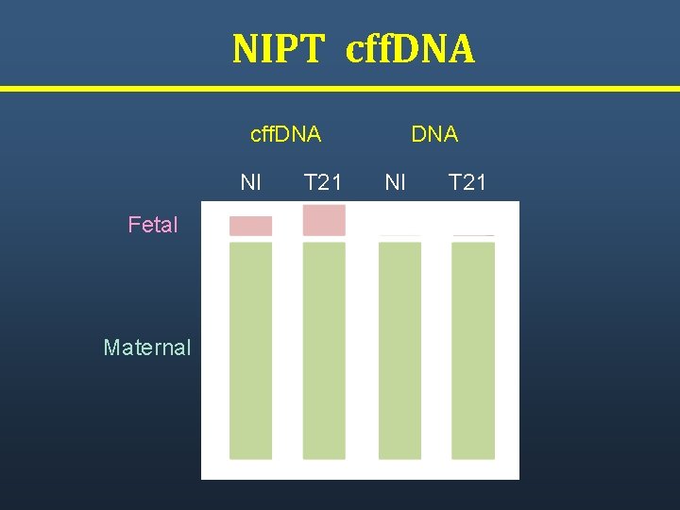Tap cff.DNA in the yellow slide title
pos(411,49)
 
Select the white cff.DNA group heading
pos(285,134)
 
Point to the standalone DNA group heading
pos(434,134)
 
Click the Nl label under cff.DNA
pos(251,182)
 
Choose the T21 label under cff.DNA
pos(323,182)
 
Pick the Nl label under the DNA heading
pos(396,182)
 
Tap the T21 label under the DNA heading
pos(467,182)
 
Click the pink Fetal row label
pos(153,225)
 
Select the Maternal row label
pos(147,348)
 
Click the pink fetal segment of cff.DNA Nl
pos(250,226)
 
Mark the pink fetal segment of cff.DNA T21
pos(324,220)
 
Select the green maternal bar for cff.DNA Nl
pos(250,350)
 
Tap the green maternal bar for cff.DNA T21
pos(324,350)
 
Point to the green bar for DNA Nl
pos(399,350)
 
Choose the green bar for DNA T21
pos(473,350)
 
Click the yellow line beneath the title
pos(340,89)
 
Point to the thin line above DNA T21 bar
pos(473,235)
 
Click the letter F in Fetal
pos(133,225)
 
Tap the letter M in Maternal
pos(110,348)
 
